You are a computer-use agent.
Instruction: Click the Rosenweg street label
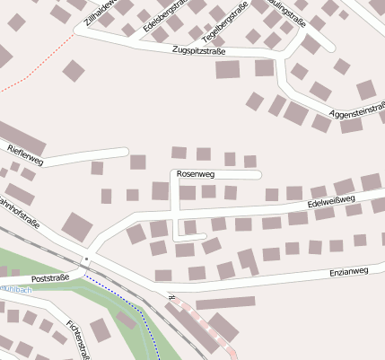[196, 172]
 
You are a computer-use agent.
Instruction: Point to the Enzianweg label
[349, 270]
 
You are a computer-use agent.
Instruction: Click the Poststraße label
[50, 279]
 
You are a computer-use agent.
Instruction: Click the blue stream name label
[16, 289]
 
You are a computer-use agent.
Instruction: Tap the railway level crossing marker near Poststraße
[86, 259]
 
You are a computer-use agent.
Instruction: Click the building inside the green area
[100, 329]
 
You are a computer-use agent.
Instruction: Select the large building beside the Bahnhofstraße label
[76, 225]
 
